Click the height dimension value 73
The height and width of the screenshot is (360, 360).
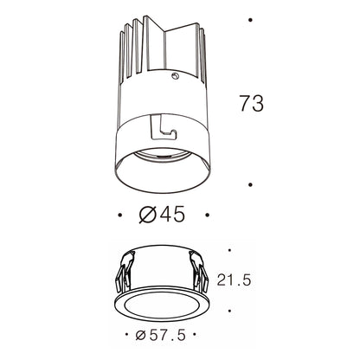[x=252, y=103]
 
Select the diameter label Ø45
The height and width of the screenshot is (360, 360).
[x=162, y=215]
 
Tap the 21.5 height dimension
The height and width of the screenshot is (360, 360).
[x=234, y=280]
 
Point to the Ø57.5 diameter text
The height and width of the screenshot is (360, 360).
[x=161, y=335]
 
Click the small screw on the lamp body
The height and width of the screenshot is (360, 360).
[x=175, y=76]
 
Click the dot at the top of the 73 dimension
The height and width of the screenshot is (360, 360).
[x=250, y=20]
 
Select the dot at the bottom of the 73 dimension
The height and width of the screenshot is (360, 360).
[x=250, y=184]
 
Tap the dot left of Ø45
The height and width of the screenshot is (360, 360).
[x=120, y=215]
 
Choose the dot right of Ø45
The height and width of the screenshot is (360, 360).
[x=207, y=215]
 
